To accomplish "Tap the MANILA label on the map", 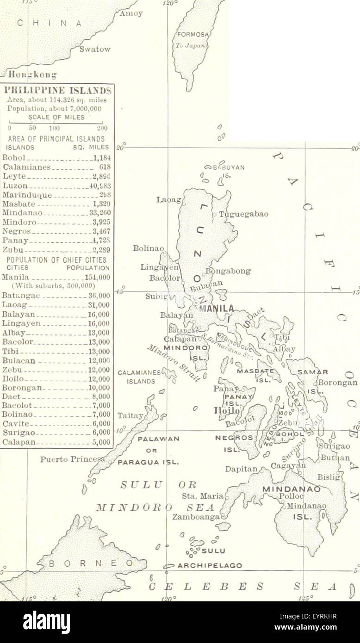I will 217,309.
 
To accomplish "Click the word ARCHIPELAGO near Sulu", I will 210,565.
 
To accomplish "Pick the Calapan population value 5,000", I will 100,441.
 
